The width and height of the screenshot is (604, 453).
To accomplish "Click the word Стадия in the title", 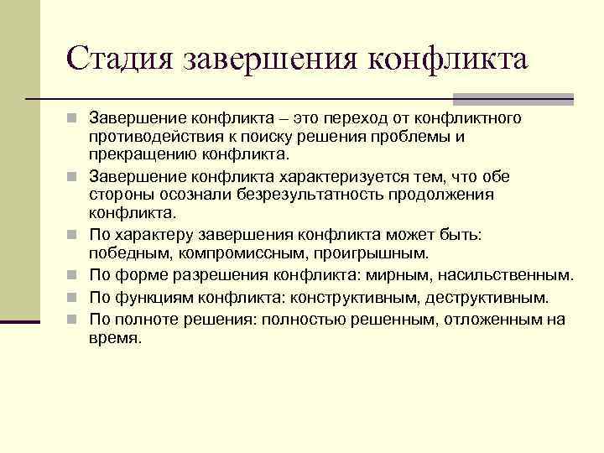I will tap(117, 60).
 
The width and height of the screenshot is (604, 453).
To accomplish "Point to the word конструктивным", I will tap(356, 298).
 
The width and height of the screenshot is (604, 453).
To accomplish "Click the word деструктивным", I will tap(487, 298).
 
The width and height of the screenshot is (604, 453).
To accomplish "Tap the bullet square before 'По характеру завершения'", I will tap(75, 234).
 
